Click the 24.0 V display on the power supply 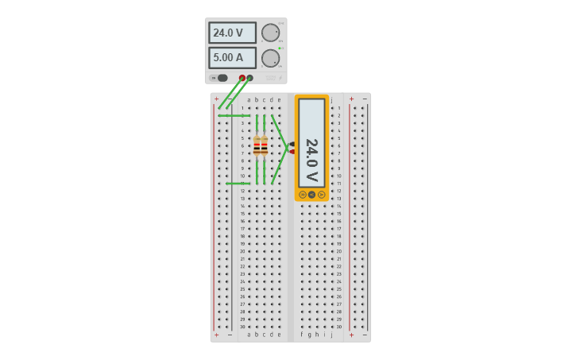[232, 33]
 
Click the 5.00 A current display [232, 58]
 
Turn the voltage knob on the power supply [270, 33]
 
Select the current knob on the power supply [270, 58]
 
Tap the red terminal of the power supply [242, 78]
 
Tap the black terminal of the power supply [250, 78]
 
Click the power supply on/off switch [222, 78]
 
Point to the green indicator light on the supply [280, 48]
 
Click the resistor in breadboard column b [257, 146]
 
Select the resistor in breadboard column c [265, 146]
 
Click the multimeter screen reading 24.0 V [311, 143]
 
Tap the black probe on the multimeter [292, 144]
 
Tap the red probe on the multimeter [292, 151]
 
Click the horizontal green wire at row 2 [234, 115]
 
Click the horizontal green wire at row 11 [238, 184]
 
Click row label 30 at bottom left [242, 327]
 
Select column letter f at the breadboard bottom [302, 335]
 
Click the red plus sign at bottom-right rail [351, 335]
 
